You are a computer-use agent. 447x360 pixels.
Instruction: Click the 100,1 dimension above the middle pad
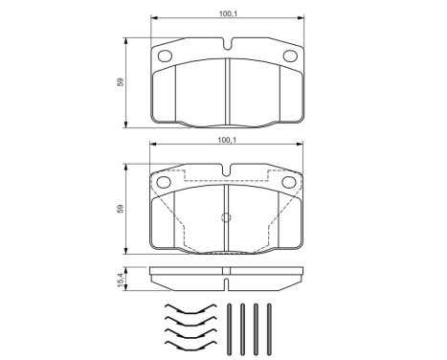tap(226, 141)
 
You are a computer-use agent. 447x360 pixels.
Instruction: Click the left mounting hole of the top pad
tap(164, 55)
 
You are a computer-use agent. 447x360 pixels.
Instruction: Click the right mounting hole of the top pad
tap(288, 55)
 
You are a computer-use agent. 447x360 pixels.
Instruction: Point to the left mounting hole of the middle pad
tap(164, 180)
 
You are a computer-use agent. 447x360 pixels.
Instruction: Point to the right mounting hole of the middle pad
tap(288, 180)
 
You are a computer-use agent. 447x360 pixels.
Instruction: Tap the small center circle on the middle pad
tap(226, 216)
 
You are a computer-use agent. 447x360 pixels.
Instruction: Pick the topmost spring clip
tap(190, 309)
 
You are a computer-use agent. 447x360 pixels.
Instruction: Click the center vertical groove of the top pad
tap(226, 91)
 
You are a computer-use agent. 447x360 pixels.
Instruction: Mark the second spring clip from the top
tap(190, 321)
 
